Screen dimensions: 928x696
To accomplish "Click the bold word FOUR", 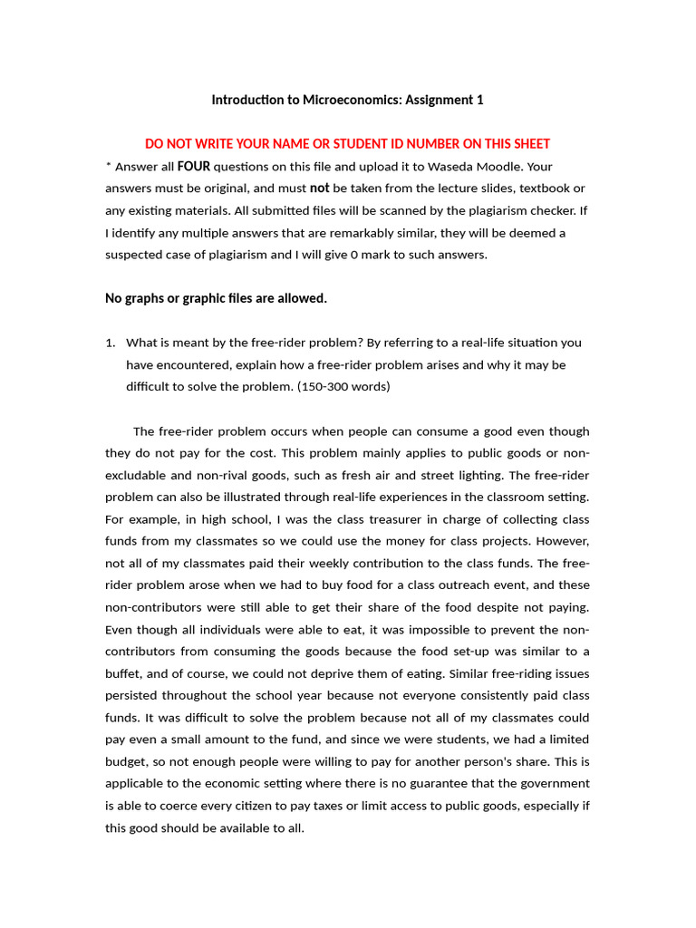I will [193, 167].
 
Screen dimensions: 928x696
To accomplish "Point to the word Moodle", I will [502, 167].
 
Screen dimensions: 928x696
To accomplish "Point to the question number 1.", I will [111, 343].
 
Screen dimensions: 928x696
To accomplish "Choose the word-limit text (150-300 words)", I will [348, 386].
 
